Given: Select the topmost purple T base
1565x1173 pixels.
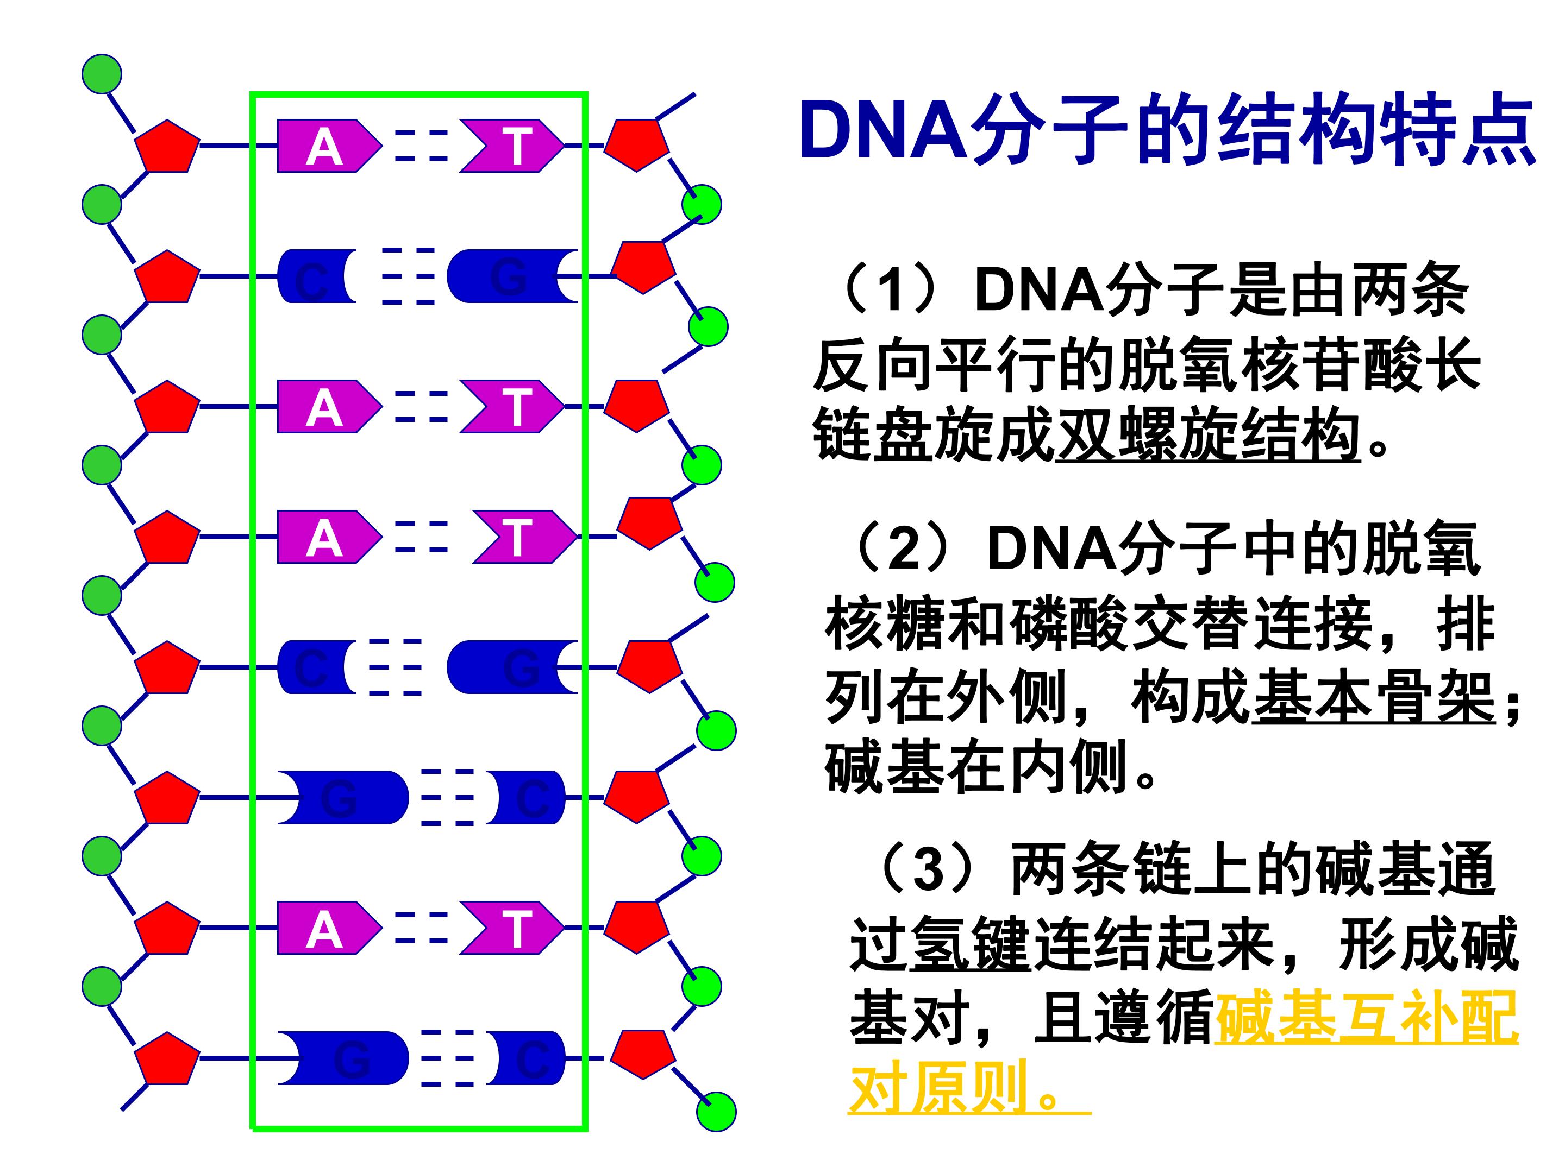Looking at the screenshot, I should click(514, 147).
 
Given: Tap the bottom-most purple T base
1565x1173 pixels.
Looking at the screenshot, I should click(514, 928).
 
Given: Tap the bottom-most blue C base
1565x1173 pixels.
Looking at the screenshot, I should click(530, 1058).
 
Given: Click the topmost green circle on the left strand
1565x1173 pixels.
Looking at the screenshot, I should click(102, 73).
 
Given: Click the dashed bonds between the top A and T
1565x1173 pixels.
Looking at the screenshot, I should click(422, 146).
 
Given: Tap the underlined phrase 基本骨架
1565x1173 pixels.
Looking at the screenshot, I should click(1373, 698).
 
